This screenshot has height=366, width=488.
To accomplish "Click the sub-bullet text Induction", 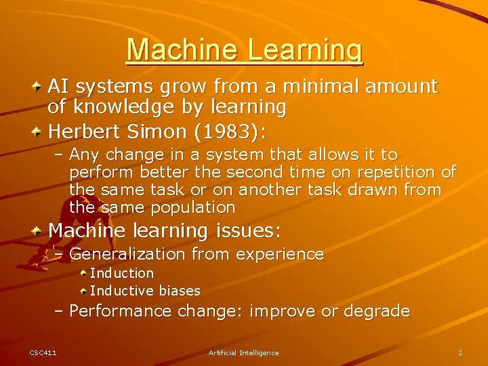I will pyautogui.click(x=122, y=273).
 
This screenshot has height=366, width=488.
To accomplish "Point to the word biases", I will pyautogui.click(x=178, y=291).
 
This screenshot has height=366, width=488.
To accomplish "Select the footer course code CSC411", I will pyautogui.click(x=43, y=352).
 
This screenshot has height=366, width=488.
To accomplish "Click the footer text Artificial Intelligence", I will pyautogui.click(x=243, y=352).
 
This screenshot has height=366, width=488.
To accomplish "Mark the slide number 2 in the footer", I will pyautogui.click(x=460, y=352).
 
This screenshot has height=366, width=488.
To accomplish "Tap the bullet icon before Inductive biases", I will pyautogui.click(x=83, y=291).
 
